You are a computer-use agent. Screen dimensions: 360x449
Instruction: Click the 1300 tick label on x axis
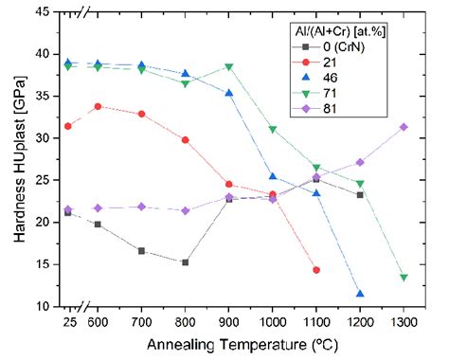404,320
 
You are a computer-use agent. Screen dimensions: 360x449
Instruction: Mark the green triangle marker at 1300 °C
404,278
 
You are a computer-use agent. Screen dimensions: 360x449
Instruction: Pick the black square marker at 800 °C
186,262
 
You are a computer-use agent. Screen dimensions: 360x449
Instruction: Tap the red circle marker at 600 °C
99,106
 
